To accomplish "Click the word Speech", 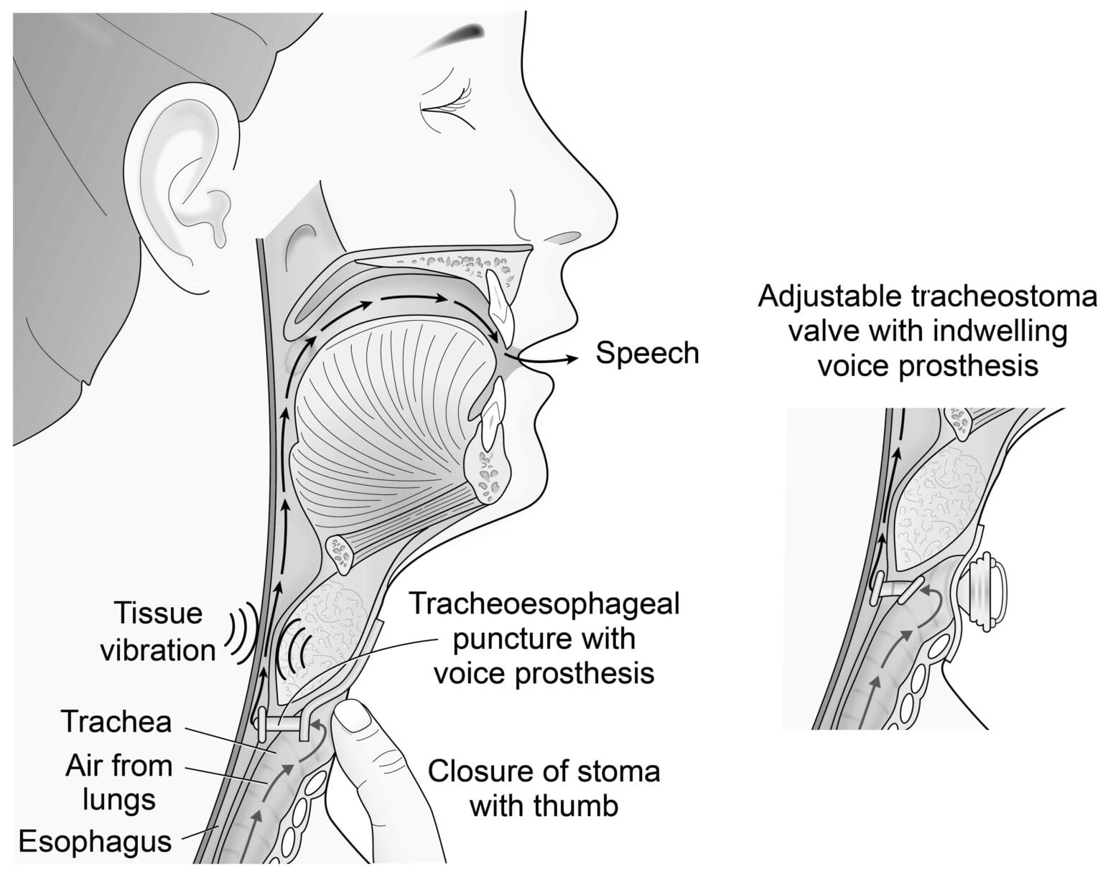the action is tap(647, 354).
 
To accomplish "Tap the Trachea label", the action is tap(116, 722).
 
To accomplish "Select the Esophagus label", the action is tap(96, 842).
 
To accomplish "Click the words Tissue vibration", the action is tap(158, 631).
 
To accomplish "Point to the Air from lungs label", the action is tap(119, 784).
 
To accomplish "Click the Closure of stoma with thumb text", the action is tap(544, 789).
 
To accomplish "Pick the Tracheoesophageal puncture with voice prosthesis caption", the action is tap(544, 639).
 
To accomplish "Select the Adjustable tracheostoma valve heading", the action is tap(928, 330).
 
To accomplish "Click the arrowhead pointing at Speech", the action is tap(571, 360).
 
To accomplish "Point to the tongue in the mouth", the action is tap(389, 426).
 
